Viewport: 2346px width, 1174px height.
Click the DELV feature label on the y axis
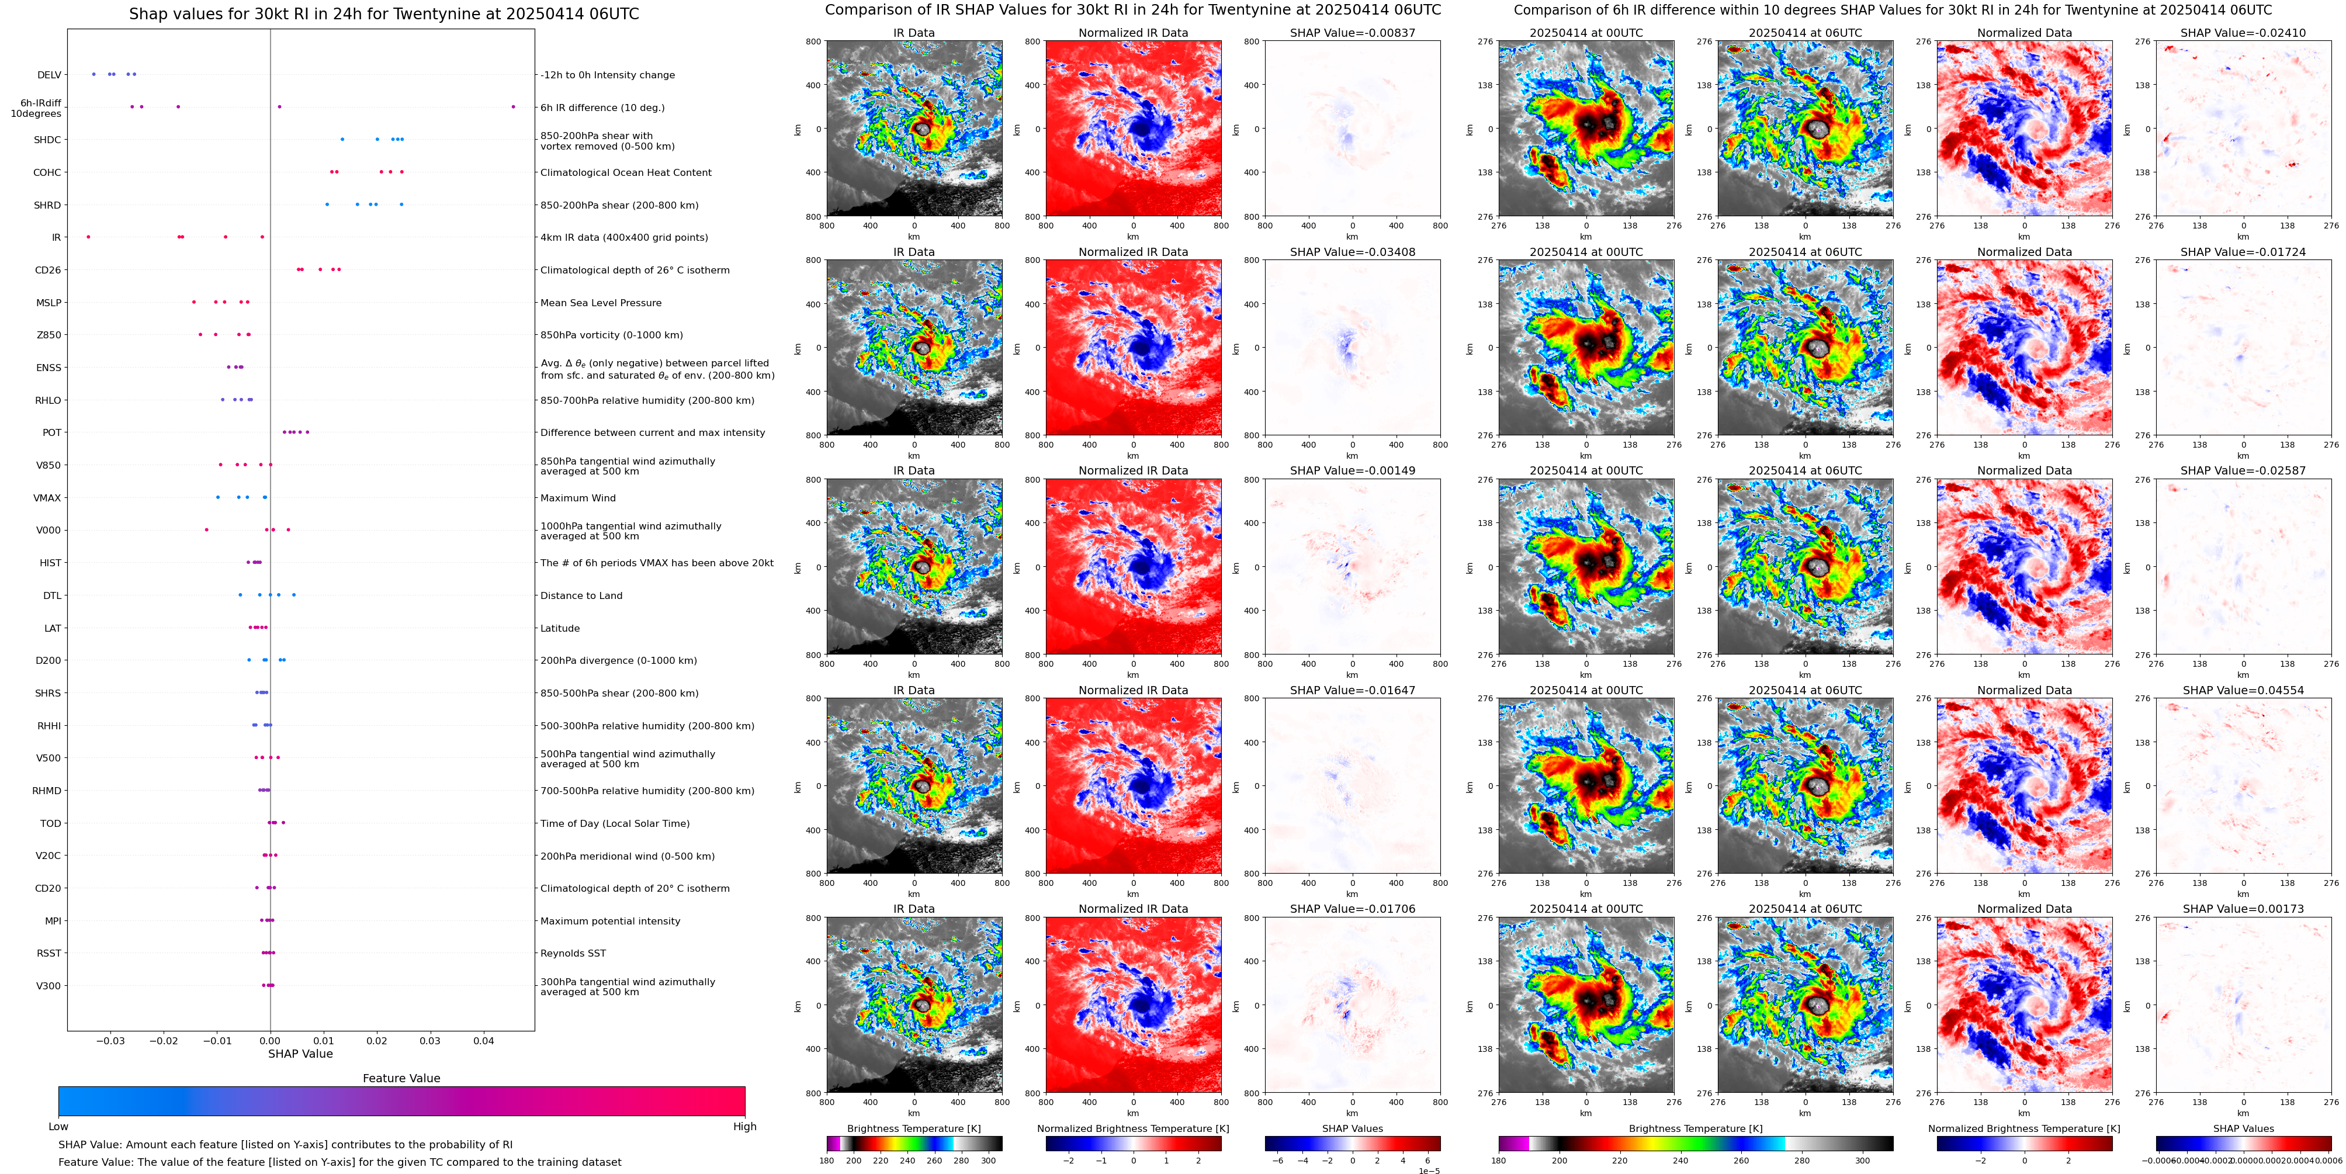(49, 75)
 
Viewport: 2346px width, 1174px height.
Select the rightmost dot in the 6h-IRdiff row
(513, 106)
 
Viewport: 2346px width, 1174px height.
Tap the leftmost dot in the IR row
(88, 237)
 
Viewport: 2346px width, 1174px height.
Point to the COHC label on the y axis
(47, 173)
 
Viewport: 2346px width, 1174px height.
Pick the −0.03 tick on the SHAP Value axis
(110, 1040)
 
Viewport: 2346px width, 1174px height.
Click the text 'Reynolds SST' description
(573, 954)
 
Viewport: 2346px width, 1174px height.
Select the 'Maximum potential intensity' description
(610, 921)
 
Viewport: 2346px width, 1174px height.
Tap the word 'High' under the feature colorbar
(745, 1127)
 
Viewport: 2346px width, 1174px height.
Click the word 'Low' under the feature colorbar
(58, 1127)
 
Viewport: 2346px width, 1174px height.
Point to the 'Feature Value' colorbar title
(401, 1078)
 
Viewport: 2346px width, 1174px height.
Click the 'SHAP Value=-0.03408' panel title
(1353, 252)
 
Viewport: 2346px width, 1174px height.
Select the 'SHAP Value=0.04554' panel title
(2243, 690)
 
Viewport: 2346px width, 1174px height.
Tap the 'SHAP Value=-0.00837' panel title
(1353, 33)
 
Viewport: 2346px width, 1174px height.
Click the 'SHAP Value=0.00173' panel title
(2243, 909)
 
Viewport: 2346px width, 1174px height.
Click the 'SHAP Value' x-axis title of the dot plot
(300, 1054)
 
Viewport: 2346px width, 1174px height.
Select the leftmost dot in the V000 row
(207, 529)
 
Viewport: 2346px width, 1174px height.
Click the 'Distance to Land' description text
(581, 595)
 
